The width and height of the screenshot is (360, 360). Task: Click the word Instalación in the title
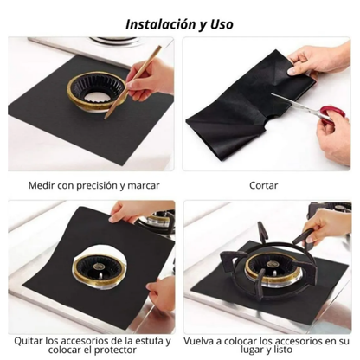(x=160, y=24)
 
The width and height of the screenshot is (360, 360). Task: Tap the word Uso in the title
(x=222, y=24)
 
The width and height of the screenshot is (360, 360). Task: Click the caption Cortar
(x=264, y=185)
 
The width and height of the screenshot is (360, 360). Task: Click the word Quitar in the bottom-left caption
(x=29, y=341)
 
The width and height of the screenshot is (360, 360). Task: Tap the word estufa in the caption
(x=150, y=341)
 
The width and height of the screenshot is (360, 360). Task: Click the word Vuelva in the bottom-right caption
(x=199, y=341)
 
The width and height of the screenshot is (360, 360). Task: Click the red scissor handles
(x=331, y=114)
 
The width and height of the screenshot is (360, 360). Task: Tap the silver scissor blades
(x=296, y=104)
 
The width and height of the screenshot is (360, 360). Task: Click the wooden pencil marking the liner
(x=132, y=82)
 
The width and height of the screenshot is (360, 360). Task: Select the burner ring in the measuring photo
(x=97, y=91)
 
